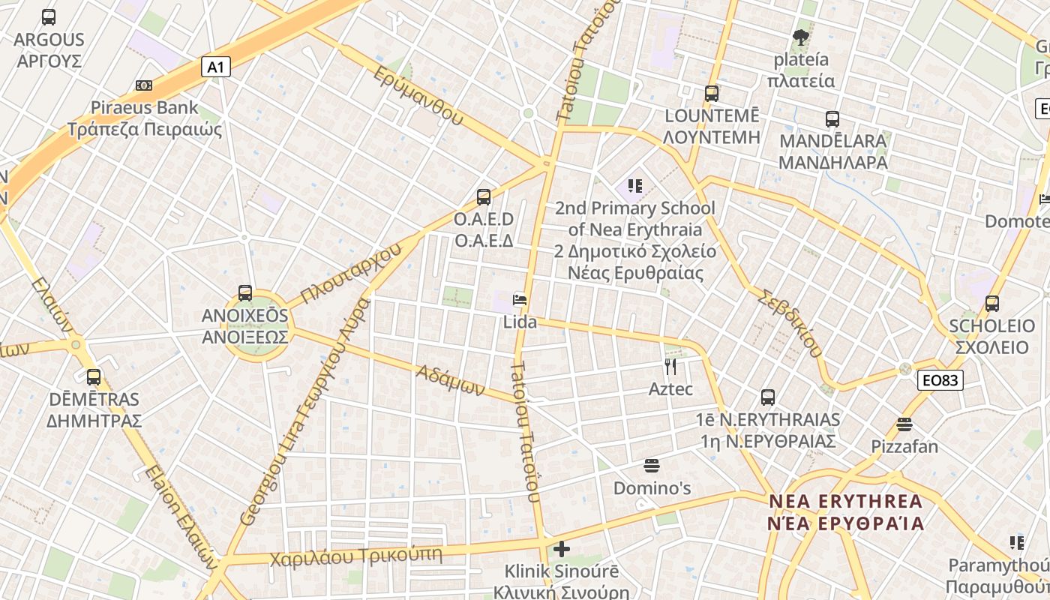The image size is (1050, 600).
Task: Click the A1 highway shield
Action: (x=215, y=67)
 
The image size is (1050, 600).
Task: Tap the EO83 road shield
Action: (x=940, y=380)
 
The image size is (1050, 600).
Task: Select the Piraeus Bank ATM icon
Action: (x=144, y=85)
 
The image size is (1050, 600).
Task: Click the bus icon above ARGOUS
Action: (x=49, y=16)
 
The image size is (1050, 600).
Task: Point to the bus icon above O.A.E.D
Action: (x=484, y=197)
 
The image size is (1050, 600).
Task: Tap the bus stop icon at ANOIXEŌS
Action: (x=244, y=293)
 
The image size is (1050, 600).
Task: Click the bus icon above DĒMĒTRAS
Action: (x=94, y=376)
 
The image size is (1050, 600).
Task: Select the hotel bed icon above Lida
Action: (x=519, y=300)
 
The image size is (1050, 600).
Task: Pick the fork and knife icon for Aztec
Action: (x=670, y=367)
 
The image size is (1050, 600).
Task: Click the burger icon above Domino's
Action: (x=651, y=466)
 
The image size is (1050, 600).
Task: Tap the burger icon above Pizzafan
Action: (x=904, y=424)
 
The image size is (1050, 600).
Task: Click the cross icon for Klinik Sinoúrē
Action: (x=561, y=549)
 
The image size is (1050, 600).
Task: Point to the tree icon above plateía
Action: (x=801, y=37)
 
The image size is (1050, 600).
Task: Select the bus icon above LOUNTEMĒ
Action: (x=711, y=94)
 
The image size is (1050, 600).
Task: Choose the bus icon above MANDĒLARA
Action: (x=832, y=118)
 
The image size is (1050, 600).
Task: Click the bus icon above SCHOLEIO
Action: (x=991, y=304)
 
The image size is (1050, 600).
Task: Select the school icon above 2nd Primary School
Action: (x=635, y=185)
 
